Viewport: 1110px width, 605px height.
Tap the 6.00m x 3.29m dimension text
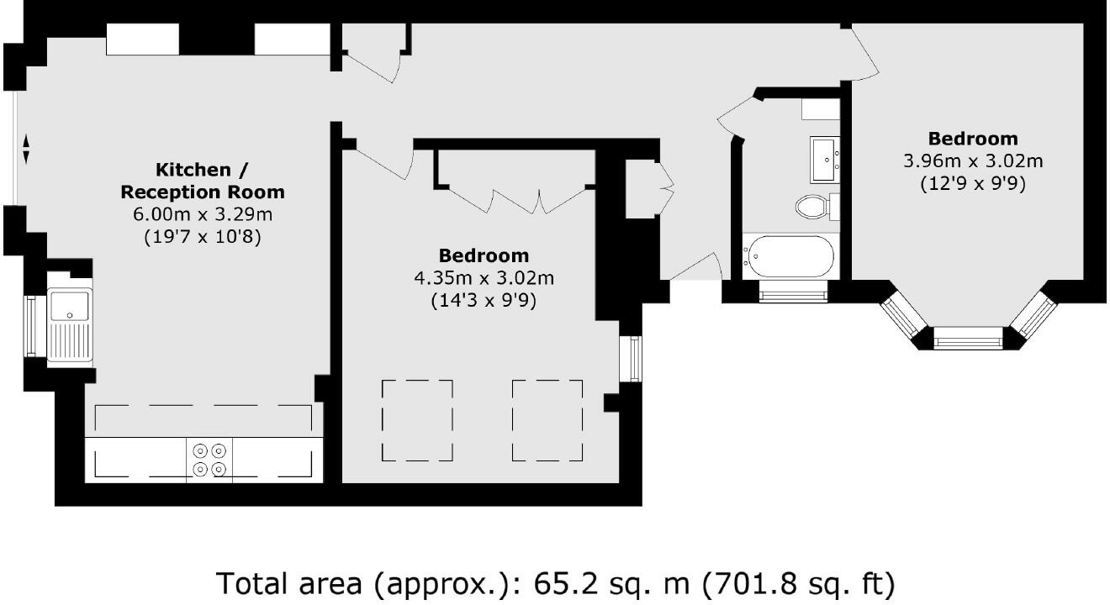[x=203, y=215]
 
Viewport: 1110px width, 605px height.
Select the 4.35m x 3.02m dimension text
[x=484, y=277]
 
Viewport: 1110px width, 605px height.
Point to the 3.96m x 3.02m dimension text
[x=972, y=160]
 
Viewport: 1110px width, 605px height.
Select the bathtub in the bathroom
[x=788, y=256]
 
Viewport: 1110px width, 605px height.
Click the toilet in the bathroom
[x=812, y=206]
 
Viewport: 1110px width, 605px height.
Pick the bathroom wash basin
[x=826, y=159]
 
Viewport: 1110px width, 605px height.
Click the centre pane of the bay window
[x=968, y=340]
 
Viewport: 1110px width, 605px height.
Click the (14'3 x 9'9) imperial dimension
[x=484, y=299]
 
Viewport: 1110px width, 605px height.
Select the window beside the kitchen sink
[x=32, y=326]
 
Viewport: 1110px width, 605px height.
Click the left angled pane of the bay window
[x=906, y=316]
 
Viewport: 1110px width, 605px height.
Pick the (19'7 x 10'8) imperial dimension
[x=203, y=237]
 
